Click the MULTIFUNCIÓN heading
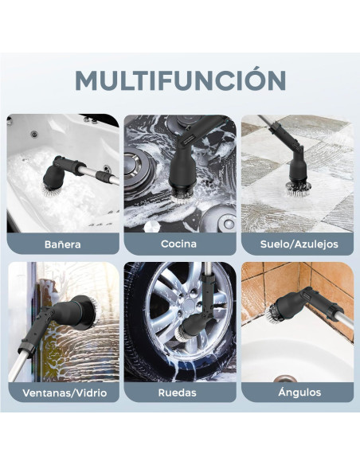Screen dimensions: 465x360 pyautogui.click(x=180, y=80)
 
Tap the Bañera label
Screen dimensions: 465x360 pyautogui.click(x=63, y=244)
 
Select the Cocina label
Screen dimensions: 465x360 pyautogui.click(x=179, y=244)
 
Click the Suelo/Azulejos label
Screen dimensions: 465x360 pyautogui.click(x=297, y=244)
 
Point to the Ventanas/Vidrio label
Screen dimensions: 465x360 pyautogui.click(x=63, y=393)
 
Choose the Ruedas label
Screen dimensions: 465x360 pyautogui.click(x=179, y=393)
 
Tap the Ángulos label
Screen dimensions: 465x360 pyautogui.click(x=297, y=393)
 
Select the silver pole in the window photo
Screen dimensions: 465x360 pyautogui.click(x=21, y=358)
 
